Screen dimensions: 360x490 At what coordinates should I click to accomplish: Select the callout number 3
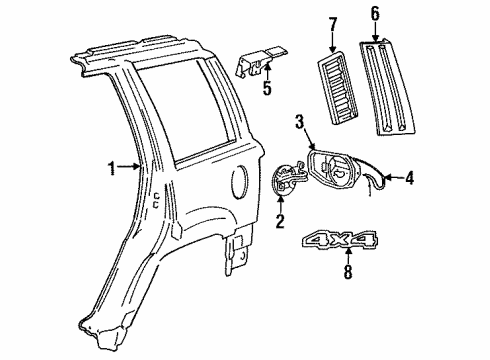[299, 122]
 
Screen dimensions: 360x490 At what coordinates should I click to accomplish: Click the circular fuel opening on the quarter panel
[237, 185]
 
